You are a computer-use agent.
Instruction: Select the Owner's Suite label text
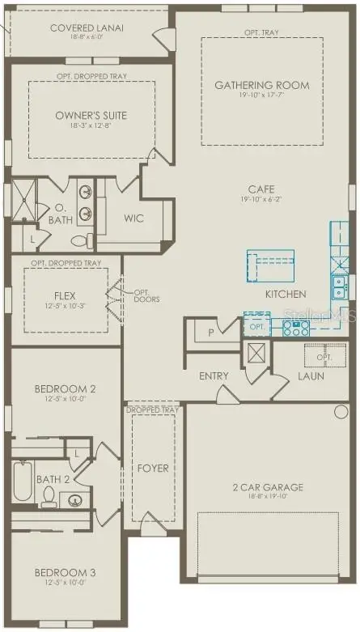(x=91, y=116)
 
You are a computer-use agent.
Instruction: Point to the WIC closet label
(x=133, y=218)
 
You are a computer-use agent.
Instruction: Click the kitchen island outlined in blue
(x=270, y=264)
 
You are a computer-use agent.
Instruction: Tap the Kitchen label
(x=286, y=294)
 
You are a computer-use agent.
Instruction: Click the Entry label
(x=214, y=375)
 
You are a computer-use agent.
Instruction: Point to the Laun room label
(x=310, y=375)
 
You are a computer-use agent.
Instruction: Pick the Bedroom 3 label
(x=65, y=573)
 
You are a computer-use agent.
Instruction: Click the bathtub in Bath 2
(x=23, y=484)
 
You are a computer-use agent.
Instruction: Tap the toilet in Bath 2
(x=48, y=496)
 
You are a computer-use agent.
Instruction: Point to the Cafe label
(x=257, y=189)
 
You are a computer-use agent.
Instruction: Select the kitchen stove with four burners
(x=296, y=329)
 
